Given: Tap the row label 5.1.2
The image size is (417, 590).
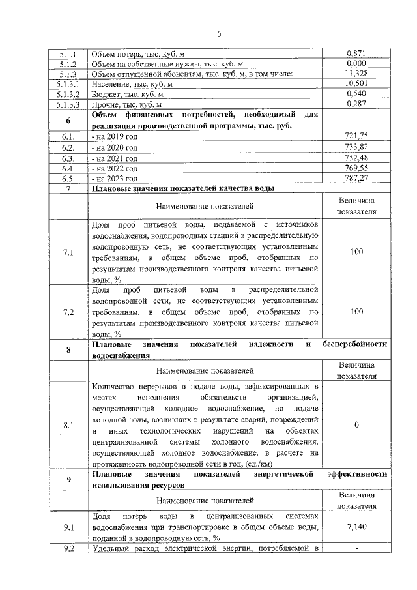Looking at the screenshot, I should click(x=68, y=64).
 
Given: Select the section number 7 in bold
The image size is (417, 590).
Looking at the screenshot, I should click(x=68, y=188).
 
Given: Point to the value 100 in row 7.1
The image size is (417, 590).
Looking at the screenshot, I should click(x=356, y=251).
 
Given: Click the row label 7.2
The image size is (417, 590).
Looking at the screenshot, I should click(x=68, y=312).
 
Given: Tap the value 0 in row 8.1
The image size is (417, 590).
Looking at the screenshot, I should click(x=356, y=425).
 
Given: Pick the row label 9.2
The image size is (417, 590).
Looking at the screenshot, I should click(x=68, y=548).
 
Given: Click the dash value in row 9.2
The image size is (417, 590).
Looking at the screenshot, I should click(x=356, y=548).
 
